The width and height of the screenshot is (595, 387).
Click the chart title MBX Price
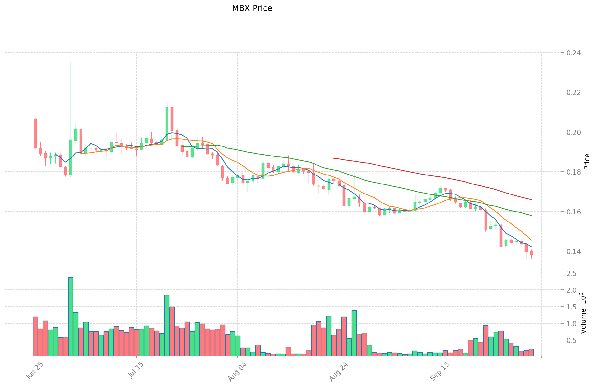[252, 8]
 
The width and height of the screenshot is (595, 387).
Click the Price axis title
[587, 162]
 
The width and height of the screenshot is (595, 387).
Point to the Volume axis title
[583, 313]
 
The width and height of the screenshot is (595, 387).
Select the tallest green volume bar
[71, 316]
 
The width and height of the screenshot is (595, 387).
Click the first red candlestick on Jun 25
[35, 134]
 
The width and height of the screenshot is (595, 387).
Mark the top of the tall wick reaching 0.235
[71, 62]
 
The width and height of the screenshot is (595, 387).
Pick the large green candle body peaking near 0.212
[167, 119]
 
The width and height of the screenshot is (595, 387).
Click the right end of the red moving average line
[531, 200]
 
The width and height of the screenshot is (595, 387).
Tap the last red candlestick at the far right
[531, 253]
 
